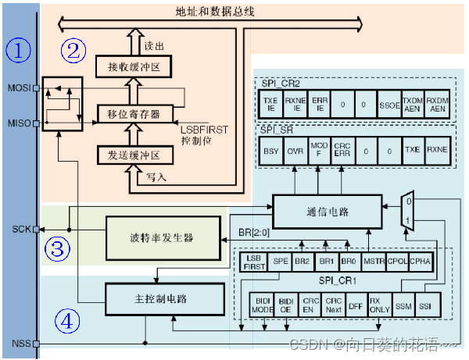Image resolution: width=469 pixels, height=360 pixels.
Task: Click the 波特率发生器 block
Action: pos(162,238)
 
